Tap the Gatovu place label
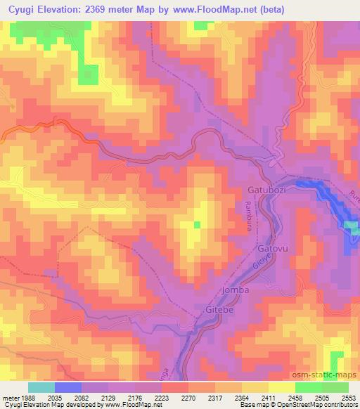click(274, 249)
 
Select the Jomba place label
click(236, 290)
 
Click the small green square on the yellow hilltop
click(197, 225)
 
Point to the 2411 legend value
click(267, 397)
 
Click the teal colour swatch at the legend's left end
click(41, 387)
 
